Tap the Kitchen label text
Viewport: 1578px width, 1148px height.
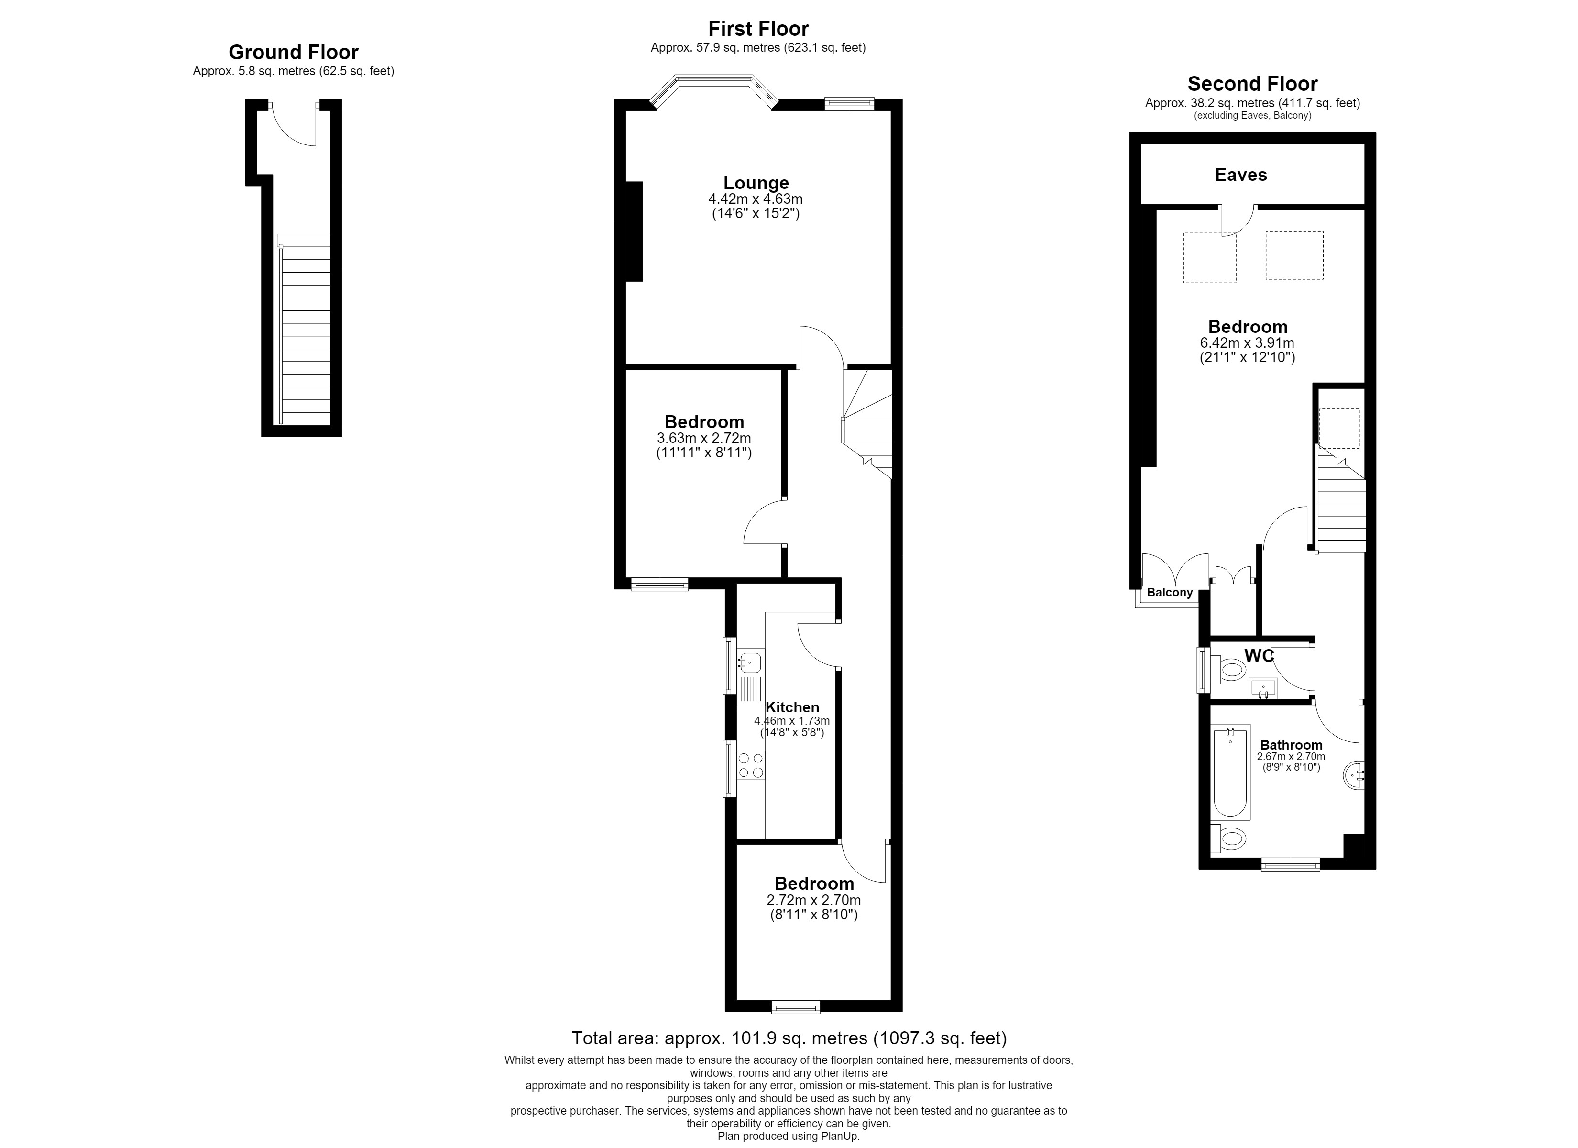(x=792, y=707)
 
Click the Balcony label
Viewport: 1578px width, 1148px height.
(x=1170, y=593)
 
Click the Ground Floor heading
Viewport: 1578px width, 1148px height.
(x=294, y=52)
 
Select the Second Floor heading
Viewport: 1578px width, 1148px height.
(x=1252, y=84)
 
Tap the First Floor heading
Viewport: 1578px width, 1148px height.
(x=758, y=29)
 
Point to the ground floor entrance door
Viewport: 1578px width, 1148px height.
(x=293, y=124)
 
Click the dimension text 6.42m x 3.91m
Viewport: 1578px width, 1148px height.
(x=1247, y=343)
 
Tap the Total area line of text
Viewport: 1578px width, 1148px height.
(x=789, y=1038)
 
